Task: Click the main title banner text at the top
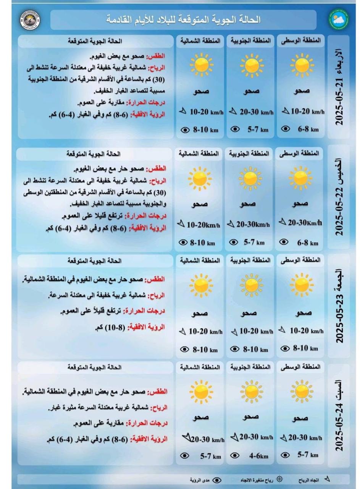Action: click(183, 19)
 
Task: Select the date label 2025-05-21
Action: click(339, 102)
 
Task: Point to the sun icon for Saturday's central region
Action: click(302, 391)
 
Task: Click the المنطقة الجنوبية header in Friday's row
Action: click(250, 261)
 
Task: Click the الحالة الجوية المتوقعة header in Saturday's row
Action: click(94, 367)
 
